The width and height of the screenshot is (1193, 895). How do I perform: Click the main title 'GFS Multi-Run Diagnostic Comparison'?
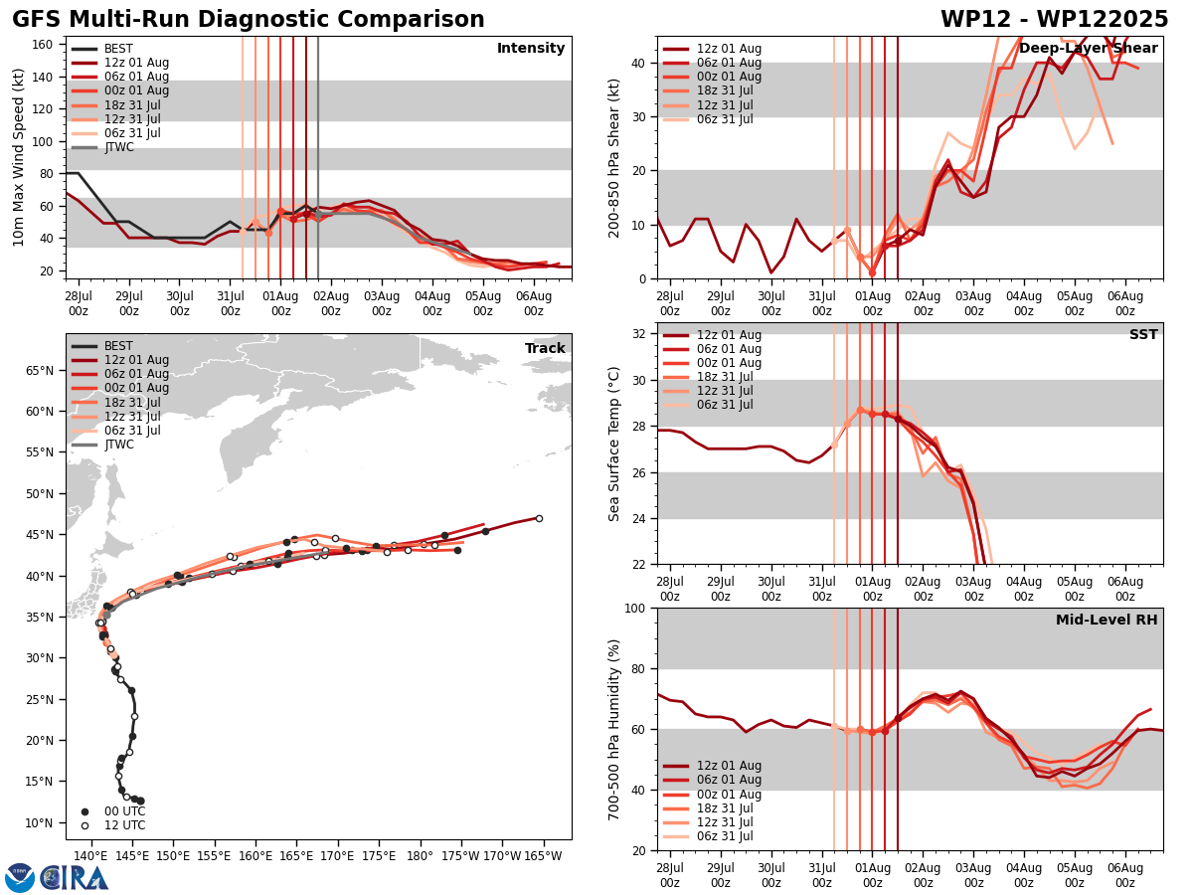[249, 20]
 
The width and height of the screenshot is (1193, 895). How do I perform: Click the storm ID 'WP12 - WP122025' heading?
[1054, 20]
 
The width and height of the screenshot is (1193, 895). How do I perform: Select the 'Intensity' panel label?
[531, 49]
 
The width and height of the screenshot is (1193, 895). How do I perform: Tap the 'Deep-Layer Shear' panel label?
[1088, 49]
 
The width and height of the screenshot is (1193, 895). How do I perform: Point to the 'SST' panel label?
[1142, 335]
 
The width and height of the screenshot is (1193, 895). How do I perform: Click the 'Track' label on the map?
[545, 349]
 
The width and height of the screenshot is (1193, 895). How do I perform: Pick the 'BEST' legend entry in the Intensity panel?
[118, 49]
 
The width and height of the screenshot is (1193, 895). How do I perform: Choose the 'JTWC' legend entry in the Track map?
[119, 445]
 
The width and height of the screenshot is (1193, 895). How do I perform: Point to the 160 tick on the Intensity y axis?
[45, 44]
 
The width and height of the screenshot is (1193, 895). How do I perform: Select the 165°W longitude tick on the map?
[543, 855]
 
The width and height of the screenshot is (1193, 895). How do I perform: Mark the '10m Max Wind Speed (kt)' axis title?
[19, 157]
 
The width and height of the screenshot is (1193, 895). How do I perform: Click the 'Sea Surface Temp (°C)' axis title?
[614, 444]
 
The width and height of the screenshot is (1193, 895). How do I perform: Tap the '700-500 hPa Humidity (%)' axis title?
[614, 729]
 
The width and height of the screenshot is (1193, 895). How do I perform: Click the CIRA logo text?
[75, 878]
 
